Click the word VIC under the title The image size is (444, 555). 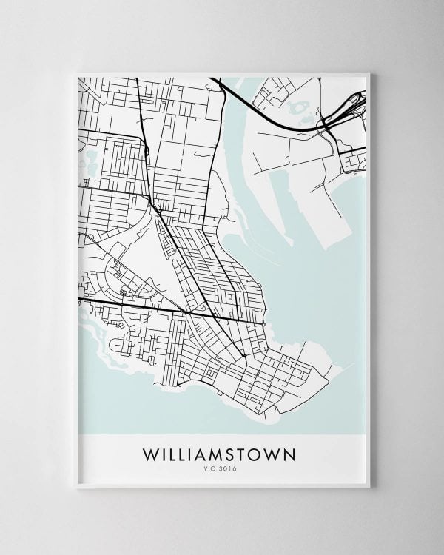click(212, 468)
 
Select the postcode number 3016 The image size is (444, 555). click(230, 468)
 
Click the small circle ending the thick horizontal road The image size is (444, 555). click(263, 323)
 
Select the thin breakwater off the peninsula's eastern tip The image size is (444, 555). click(337, 368)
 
